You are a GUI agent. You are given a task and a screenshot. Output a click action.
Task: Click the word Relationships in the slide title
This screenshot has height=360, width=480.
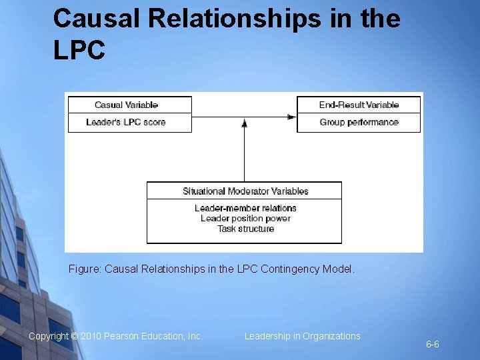[235, 19]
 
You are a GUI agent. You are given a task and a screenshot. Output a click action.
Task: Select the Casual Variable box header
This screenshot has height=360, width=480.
[127, 105]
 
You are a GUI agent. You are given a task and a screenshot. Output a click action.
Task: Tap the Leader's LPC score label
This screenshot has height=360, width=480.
[126, 122]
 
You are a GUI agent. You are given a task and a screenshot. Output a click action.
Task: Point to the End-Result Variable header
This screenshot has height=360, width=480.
[359, 105]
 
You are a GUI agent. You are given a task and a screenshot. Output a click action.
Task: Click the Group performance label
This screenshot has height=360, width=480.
[359, 122]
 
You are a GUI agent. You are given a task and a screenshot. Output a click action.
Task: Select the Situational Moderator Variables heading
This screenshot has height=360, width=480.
[245, 191]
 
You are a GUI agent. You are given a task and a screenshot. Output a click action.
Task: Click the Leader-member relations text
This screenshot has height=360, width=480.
[245, 208]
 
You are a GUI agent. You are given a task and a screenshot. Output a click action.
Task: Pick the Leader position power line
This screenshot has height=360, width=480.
[245, 218]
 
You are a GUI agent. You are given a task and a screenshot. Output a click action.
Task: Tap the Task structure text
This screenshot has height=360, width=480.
[245, 229]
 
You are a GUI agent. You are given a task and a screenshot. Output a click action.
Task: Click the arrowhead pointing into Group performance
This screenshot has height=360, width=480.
[292, 117]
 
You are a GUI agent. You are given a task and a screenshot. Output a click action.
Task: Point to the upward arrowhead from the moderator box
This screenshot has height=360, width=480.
[245, 123]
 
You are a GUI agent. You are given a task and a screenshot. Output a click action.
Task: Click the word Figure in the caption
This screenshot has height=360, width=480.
[85, 269]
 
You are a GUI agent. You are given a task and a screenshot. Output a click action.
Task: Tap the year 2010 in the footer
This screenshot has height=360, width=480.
[91, 337]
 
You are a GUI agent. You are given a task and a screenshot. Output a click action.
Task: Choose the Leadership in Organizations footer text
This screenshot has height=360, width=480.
[302, 336]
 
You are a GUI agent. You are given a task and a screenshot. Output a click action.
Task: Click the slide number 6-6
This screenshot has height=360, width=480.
[433, 345]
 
